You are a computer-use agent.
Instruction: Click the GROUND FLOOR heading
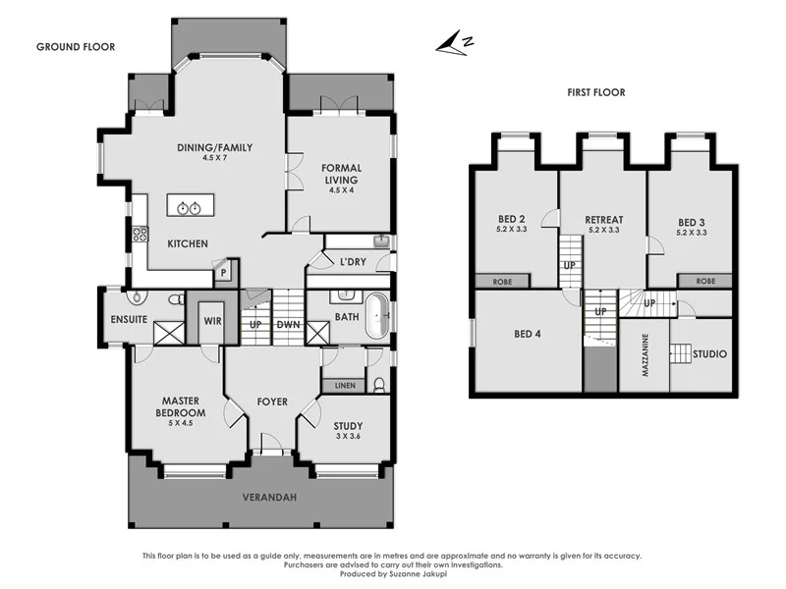coord(76,46)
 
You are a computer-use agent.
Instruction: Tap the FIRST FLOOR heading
coord(595,93)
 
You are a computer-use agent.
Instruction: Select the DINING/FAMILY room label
coord(214,147)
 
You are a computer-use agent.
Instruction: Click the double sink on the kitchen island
coord(187,207)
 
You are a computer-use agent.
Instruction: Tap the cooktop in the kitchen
coord(140,234)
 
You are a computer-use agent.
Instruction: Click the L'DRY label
coord(352,263)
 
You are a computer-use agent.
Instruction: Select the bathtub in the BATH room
coord(375,316)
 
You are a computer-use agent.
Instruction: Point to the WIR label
coord(211,320)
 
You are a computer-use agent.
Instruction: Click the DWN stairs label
coord(288,325)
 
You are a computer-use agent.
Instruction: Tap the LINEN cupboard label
coord(344,386)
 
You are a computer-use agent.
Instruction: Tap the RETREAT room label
coord(603,220)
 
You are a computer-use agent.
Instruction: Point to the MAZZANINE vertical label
coord(646,353)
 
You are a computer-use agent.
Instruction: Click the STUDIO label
coord(709,353)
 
